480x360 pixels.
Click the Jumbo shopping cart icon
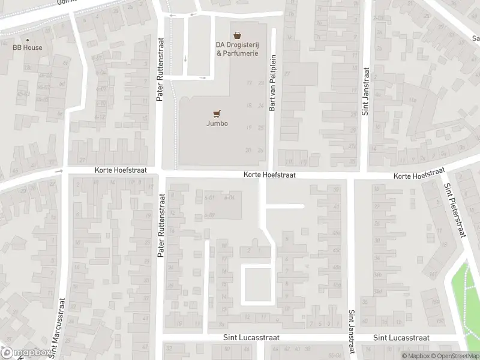[x=217, y=113]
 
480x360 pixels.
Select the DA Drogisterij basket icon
[x=238, y=35]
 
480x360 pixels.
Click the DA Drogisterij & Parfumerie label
[x=238, y=49]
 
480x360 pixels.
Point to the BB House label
[x=28, y=47]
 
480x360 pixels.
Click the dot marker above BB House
[x=28, y=39]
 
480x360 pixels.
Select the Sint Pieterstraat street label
[x=454, y=209]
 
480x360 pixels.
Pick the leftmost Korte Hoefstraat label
[x=120, y=171]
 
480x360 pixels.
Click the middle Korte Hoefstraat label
[x=270, y=175]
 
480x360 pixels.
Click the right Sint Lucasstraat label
[x=401, y=338]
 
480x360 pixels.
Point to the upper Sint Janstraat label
[x=365, y=90]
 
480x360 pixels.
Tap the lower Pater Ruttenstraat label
[x=161, y=226]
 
